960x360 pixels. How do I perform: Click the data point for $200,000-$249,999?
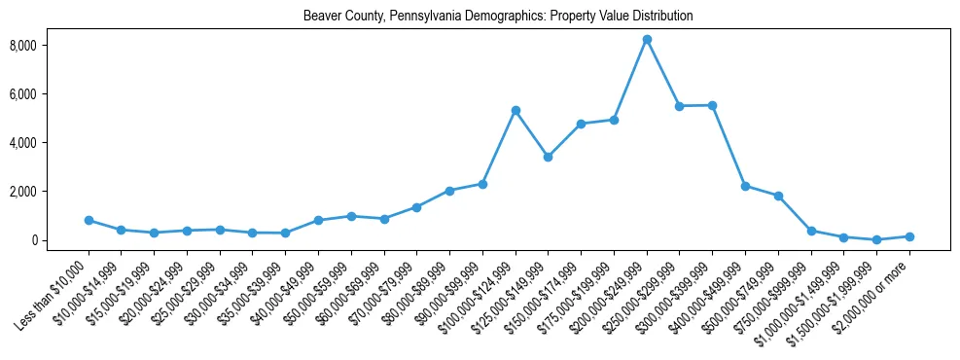coord(647,39)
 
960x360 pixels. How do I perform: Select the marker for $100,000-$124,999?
coord(516,110)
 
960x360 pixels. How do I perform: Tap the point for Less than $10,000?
coord(89,220)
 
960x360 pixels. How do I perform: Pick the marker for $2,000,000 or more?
coord(909,236)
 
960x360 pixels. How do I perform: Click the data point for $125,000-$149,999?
coord(549,157)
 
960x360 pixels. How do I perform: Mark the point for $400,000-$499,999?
coord(745,186)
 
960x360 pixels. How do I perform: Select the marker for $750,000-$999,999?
coord(811,231)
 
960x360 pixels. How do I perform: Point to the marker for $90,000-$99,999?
coord(482,184)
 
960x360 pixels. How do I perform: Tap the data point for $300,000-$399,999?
coord(713,105)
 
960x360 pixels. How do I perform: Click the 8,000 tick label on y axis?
coord(51,46)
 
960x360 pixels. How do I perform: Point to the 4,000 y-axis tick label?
coord(51,143)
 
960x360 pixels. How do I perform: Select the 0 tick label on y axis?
coord(60,240)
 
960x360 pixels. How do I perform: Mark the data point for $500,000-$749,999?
coord(778,196)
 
